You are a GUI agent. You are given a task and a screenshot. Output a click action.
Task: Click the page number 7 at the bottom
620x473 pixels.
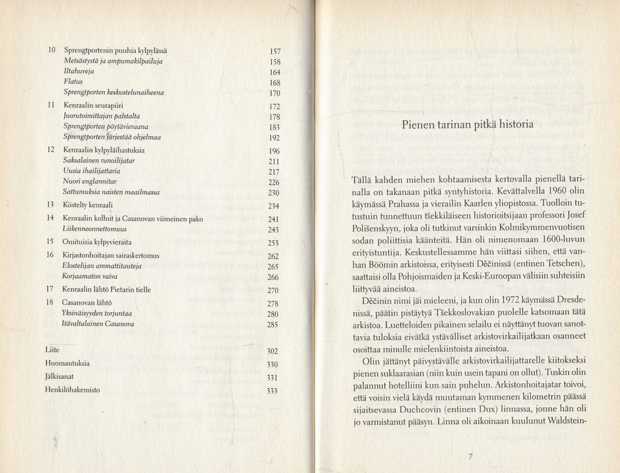pos(471,457)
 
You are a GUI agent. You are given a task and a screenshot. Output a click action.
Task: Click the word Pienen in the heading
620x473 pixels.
pos(421,125)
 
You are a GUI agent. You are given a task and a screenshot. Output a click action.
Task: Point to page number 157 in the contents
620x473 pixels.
pos(274,51)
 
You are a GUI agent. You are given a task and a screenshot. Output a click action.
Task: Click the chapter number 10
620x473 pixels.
pos(52,50)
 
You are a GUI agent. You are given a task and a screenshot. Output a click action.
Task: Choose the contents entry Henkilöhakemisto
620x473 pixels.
pos(72,390)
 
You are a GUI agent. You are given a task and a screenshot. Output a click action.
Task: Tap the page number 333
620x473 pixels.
pos(273,391)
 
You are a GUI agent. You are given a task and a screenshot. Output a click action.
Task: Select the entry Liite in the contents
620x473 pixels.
pos(52,349)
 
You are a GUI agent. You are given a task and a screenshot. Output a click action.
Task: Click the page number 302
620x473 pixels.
pos(273,351)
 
